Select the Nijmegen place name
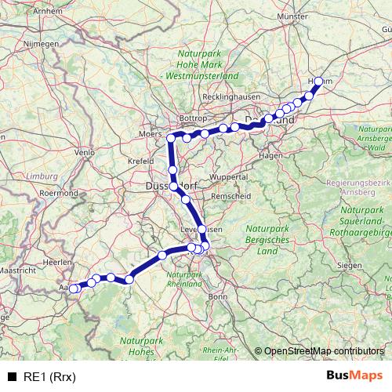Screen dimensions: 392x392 tap(42, 45)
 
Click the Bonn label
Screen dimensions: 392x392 tap(217, 296)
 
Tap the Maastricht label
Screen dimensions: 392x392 tap(15, 270)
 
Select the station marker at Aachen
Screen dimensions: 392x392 tap(74, 289)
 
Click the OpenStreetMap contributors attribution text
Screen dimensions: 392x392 tap(324, 350)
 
